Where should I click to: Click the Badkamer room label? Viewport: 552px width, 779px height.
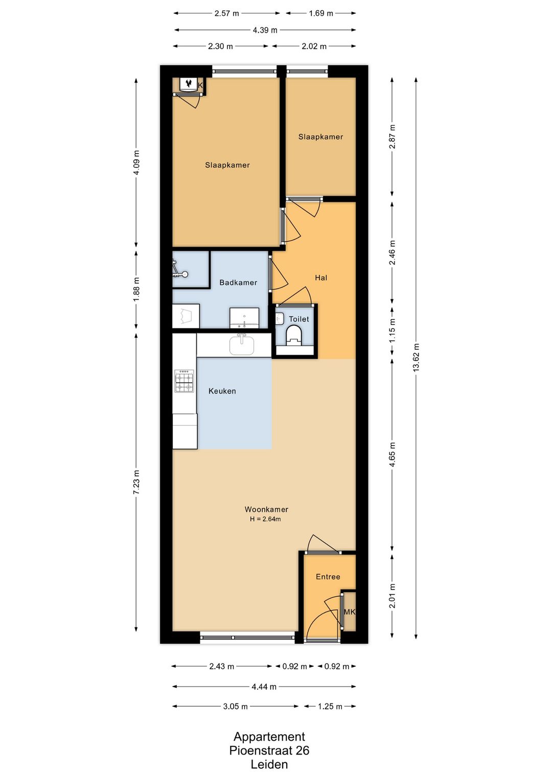[238, 283]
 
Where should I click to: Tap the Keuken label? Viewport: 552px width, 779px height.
[222, 391]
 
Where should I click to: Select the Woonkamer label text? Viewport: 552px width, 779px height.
[266, 509]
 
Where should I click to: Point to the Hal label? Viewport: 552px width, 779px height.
[321, 278]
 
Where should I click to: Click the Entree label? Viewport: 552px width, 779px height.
[328, 577]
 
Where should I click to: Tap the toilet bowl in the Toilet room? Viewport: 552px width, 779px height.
[294, 334]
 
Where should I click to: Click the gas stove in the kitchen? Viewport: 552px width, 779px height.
[184, 381]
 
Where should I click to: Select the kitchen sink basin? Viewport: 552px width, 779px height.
[242, 345]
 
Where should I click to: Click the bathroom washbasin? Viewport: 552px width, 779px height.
[244, 318]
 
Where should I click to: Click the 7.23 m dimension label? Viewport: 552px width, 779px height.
[136, 482]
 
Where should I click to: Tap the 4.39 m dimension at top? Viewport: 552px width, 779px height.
[265, 30]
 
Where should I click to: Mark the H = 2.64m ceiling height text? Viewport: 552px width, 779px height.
[265, 519]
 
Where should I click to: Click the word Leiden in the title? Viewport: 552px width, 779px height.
[269, 764]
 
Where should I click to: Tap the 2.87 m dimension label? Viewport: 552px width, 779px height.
[392, 137]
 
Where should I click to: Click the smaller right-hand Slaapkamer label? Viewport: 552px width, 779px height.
[321, 137]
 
